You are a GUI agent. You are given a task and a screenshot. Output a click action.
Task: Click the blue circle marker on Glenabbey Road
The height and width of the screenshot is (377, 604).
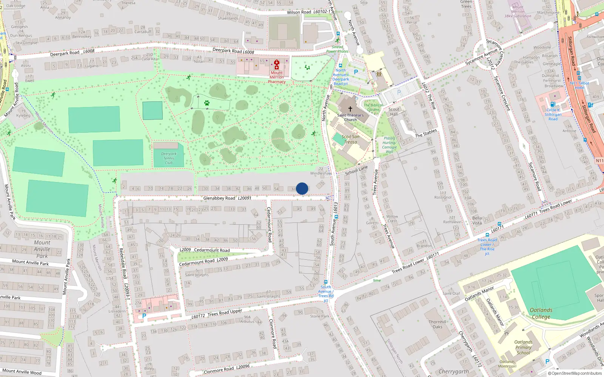coord(302,188)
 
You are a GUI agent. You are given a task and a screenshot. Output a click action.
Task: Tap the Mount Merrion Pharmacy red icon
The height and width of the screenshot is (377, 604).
coord(276,64)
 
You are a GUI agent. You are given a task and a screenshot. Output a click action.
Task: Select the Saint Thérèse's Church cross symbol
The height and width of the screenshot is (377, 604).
coord(350,109)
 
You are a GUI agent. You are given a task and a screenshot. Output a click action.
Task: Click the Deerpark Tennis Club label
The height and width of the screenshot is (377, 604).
coord(169,158)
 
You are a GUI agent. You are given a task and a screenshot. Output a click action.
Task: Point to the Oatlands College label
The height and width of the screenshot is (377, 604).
coord(541,313)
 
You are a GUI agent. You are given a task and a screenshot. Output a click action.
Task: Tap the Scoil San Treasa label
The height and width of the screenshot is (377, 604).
coord(350,139)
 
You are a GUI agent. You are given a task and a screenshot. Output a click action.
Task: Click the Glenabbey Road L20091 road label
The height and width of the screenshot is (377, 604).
coord(227,198)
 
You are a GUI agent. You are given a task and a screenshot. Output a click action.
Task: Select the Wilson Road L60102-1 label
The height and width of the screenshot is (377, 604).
coord(308,12)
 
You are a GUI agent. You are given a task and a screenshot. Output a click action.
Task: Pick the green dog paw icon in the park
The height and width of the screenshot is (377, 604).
coord(206,103)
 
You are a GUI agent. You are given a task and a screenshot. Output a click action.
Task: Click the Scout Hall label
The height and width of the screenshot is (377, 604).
coord(394,112)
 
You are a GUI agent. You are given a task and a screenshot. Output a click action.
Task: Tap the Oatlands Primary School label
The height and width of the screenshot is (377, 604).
coord(523,348)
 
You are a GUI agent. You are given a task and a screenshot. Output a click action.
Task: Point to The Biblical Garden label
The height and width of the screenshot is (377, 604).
coord(373,107)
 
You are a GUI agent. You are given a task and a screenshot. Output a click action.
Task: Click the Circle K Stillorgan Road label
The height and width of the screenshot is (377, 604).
coord(553,114)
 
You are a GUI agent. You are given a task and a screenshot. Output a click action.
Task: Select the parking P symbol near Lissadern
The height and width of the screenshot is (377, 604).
coord(144,316)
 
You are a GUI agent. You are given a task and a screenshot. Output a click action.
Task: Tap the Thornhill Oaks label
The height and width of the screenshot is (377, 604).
coord(437,324)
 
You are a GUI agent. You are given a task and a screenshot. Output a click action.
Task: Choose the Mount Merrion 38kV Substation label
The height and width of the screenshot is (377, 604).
coord(518,12)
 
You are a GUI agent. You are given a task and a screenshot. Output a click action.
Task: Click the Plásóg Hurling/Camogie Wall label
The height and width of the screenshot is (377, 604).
coord(389,145)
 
